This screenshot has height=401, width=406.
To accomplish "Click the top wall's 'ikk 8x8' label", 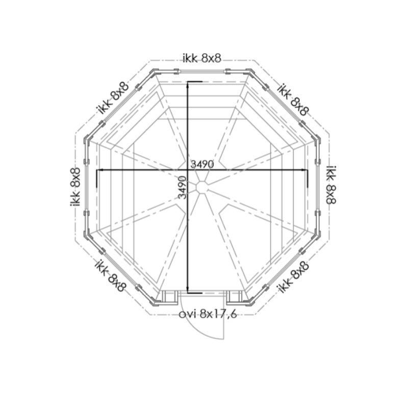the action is (202, 59).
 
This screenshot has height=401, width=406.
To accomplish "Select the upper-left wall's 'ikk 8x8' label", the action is (113, 98).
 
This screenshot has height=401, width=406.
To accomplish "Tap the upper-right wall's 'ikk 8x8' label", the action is (293, 99).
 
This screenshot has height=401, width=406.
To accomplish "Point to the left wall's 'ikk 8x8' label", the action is (75, 187).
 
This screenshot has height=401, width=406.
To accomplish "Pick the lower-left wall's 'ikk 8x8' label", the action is (111, 275).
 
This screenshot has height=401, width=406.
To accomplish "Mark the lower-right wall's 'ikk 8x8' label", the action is (293, 277).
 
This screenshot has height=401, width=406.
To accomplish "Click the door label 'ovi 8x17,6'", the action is (208, 314).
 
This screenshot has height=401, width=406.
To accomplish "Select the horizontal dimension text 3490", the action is (202, 164).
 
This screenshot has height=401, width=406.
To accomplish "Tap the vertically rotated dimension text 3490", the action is (183, 187).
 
